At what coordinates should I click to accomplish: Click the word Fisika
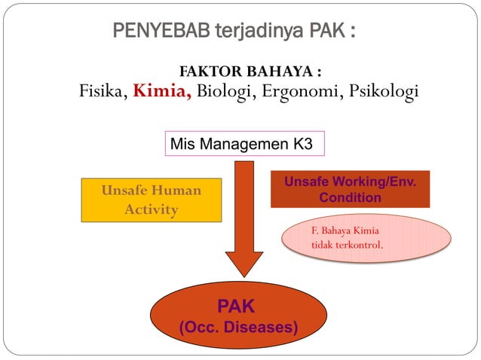[103, 92]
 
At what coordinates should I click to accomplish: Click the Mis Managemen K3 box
[244, 144]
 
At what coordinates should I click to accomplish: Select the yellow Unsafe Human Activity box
[152, 200]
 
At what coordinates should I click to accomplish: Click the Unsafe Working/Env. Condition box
[350, 190]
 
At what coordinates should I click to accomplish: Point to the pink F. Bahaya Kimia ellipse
[366, 238]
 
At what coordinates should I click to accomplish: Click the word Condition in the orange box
[350, 197]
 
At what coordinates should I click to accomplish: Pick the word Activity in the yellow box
[152, 209]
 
